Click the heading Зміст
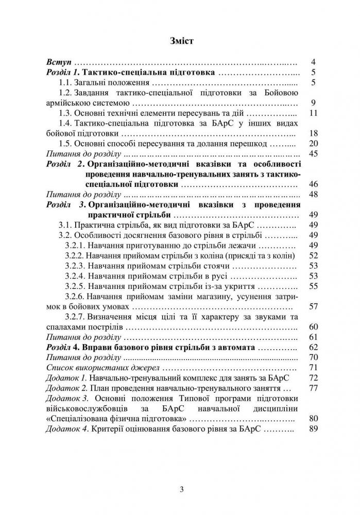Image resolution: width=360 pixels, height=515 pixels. click(x=180, y=40)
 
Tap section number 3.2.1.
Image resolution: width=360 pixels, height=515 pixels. click(x=75, y=245)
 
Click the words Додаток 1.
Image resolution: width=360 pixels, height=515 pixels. click(x=63, y=377)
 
